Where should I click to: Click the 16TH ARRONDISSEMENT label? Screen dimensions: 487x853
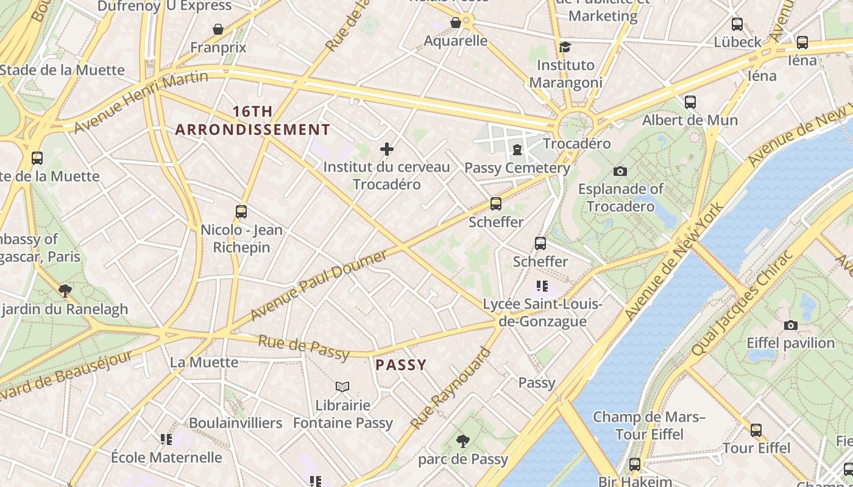(252, 121)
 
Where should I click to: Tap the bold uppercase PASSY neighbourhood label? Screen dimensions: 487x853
(400, 365)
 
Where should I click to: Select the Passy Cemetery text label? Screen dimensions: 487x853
(517, 168)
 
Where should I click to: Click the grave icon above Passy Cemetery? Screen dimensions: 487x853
(517, 149)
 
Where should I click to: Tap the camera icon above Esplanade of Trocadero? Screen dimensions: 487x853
(620, 171)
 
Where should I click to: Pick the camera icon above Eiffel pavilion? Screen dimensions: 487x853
(791, 325)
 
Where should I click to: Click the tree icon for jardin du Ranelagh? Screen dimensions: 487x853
(65, 290)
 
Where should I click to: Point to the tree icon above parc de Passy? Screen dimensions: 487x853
(463, 440)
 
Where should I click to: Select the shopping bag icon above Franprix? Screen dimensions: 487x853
(218, 29)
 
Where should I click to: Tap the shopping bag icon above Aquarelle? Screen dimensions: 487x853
(455, 23)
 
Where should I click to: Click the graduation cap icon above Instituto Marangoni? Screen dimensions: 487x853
(565, 47)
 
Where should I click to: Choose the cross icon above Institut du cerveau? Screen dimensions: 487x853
(386, 149)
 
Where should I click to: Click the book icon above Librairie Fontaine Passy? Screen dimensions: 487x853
(342, 387)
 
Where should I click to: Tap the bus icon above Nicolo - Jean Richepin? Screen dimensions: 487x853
(241, 212)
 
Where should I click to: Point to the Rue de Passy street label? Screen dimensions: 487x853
(303, 347)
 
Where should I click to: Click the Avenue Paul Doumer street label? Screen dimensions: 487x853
(319, 286)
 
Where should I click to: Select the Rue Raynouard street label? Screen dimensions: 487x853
(450, 388)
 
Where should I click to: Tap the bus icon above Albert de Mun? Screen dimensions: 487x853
(690, 102)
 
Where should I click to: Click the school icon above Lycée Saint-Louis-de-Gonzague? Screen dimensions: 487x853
(542, 286)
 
